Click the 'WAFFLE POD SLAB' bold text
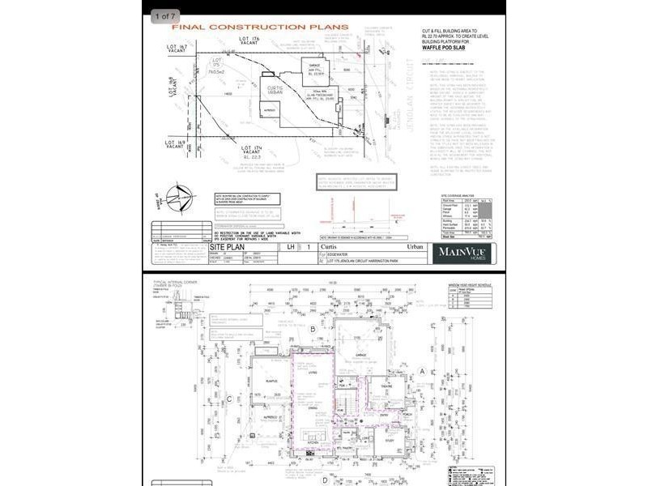(x=446, y=48)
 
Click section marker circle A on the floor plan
(x=422, y=371)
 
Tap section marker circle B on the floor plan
(x=312, y=329)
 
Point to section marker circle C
(x=230, y=398)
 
